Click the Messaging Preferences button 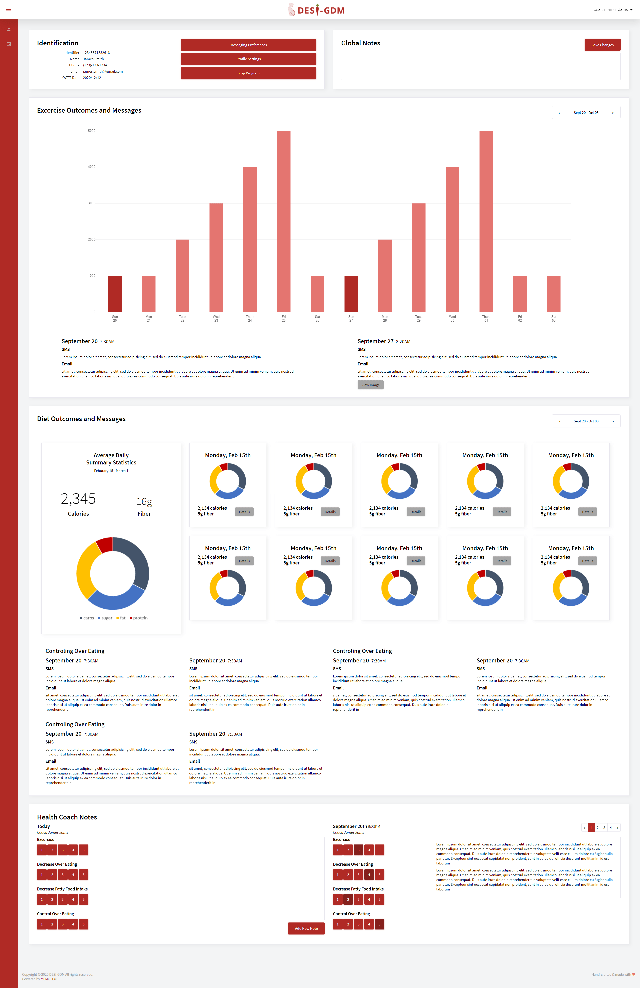(x=248, y=45)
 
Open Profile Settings (x=248, y=59)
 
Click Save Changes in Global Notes (x=602, y=45)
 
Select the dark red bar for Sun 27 (x=351, y=294)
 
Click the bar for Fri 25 (x=284, y=221)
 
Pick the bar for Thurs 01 (x=486, y=221)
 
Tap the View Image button (x=370, y=385)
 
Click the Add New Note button (x=306, y=928)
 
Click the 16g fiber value (x=144, y=502)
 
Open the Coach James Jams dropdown (x=612, y=9)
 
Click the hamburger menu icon (x=9, y=9)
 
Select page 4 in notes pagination (x=610, y=828)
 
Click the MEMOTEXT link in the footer (x=49, y=979)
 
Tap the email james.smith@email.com (x=103, y=71)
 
